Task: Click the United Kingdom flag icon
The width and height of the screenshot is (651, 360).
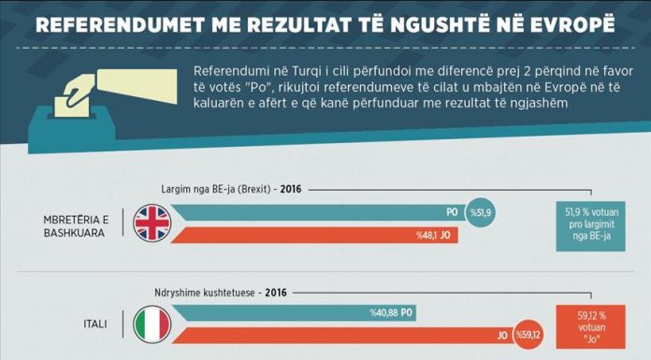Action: point(152,223)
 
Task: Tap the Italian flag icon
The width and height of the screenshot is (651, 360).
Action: point(152,324)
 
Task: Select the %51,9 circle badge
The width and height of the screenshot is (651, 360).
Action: point(481,212)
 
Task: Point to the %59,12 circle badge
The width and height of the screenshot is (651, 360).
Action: point(528,335)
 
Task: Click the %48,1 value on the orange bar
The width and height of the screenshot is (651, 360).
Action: point(426,236)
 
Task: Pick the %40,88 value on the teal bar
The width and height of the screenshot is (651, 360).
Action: point(384,312)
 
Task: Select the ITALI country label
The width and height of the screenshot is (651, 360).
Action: point(95,324)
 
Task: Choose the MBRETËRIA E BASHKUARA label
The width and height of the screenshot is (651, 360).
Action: point(76,226)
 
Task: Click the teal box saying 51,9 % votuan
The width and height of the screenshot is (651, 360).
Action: point(591,226)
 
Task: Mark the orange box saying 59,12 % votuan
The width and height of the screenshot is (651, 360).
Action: point(591,326)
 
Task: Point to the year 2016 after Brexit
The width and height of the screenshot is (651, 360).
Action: point(291,189)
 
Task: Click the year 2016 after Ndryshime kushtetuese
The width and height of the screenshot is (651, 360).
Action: point(276,293)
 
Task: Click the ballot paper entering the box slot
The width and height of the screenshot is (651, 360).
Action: point(72,107)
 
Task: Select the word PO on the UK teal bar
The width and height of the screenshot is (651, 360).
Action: point(452,212)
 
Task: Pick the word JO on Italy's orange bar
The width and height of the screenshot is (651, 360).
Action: point(502,335)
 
